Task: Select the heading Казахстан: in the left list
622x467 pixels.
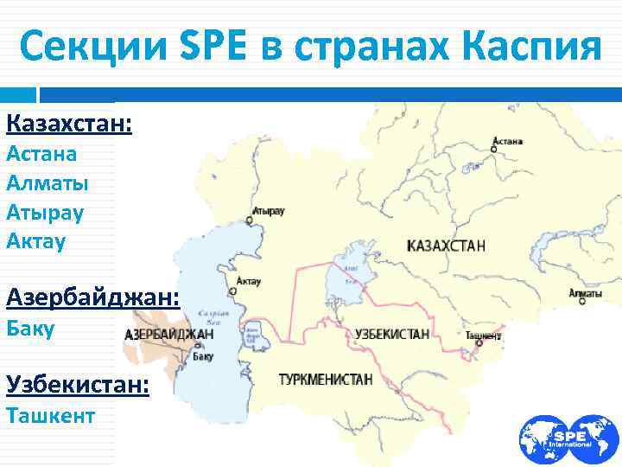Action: point(69,125)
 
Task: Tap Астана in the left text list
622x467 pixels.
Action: point(41,154)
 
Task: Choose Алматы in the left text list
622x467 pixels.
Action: point(47,182)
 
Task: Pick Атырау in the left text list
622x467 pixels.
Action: point(45,211)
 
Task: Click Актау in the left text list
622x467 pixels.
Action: point(35,240)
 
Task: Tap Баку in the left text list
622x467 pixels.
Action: point(30,329)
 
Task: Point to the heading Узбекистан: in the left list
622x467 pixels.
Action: point(77,384)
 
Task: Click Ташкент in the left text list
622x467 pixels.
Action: point(50,415)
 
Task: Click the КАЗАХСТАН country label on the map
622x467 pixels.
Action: point(445,246)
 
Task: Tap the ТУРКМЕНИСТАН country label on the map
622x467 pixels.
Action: point(326,379)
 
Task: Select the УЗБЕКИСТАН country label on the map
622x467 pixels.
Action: point(391,334)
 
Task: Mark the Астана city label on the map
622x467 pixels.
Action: point(507,140)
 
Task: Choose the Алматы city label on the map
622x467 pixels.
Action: point(586,295)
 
